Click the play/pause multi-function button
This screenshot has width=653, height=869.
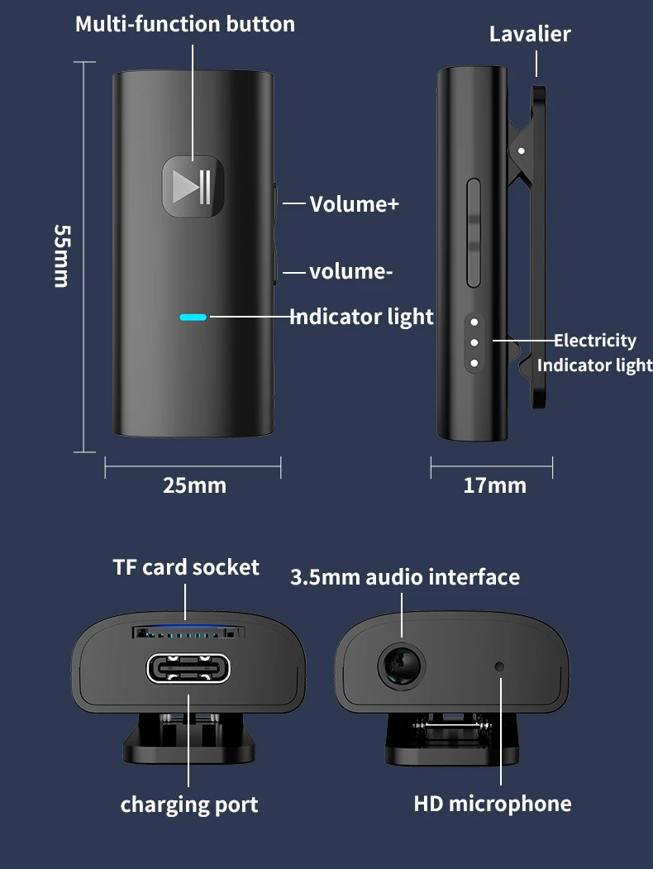point(193,187)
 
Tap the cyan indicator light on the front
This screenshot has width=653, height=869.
point(193,316)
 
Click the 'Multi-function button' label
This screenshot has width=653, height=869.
point(185,24)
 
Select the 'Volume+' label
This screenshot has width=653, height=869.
point(354,203)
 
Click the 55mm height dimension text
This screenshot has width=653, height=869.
point(61,255)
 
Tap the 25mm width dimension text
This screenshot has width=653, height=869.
point(194,485)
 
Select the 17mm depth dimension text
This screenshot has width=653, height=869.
point(494,485)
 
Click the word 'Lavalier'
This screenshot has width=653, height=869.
point(530,34)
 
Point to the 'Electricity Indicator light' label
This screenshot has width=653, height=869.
point(594,352)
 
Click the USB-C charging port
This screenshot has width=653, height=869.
point(188,668)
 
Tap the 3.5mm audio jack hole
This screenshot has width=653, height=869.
point(401,666)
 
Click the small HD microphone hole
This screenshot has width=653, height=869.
point(499,666)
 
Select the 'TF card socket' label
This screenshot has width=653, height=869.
point(186,567)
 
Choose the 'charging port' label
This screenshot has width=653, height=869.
point(189,805)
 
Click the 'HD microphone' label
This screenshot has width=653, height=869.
point(493,804)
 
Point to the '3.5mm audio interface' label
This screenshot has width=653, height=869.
point(405,577)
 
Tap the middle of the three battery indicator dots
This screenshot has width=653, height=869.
point(474,341)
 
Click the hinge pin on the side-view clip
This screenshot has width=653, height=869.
point(522,150)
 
